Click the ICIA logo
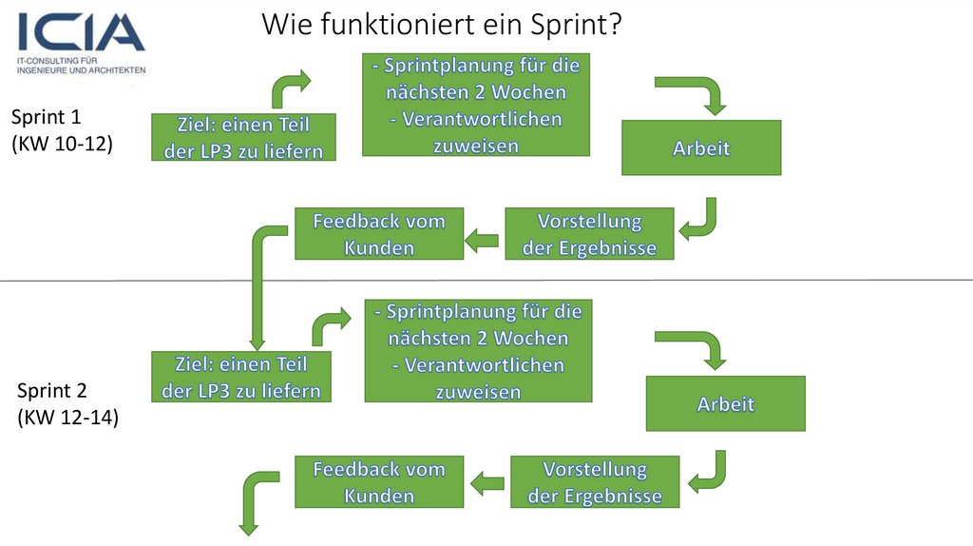(81, 42)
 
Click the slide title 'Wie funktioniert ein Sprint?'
(442, 24)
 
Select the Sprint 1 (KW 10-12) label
(61, 130)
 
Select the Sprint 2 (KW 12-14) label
(67, 404)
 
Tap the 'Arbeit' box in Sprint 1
(701, 148)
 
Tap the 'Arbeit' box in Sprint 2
(725, 403)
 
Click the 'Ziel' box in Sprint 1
(243, 138)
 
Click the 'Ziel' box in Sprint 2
(241, 377)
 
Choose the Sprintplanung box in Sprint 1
(475, 106)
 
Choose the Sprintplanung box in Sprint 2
(478, 351)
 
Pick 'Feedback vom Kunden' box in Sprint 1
(378, 234)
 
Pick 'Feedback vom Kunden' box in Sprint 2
(378, 482)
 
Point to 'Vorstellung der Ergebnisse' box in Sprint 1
(589, 234)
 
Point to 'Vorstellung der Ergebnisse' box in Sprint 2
(595, 482)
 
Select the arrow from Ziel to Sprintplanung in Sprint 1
(288, 88)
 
